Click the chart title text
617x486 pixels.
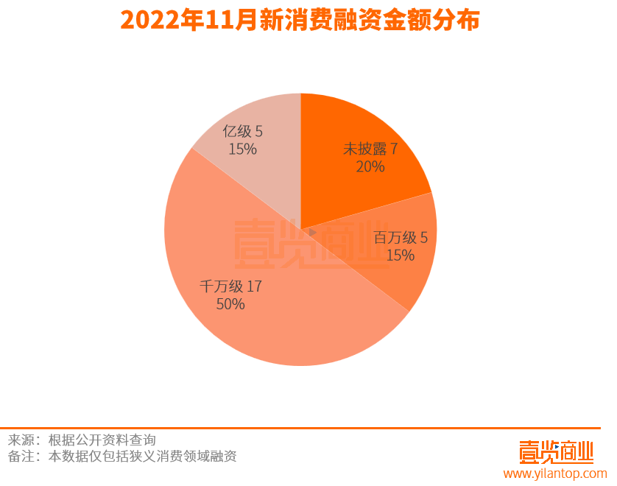coord(300,20)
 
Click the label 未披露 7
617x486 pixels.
coord(370,149)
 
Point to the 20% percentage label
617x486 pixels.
coord(370,167)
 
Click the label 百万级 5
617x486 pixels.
coord(401,237)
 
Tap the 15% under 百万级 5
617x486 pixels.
coord(401,256)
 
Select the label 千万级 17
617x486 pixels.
coord(230,286)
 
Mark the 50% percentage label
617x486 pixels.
coord(230,304)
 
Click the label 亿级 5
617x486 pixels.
coord(242,132)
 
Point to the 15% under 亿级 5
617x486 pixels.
coord(242,149)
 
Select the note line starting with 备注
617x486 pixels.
coord(122,457)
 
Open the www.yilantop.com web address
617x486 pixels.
coord(554,473)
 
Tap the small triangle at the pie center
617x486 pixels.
coord(312,232)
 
